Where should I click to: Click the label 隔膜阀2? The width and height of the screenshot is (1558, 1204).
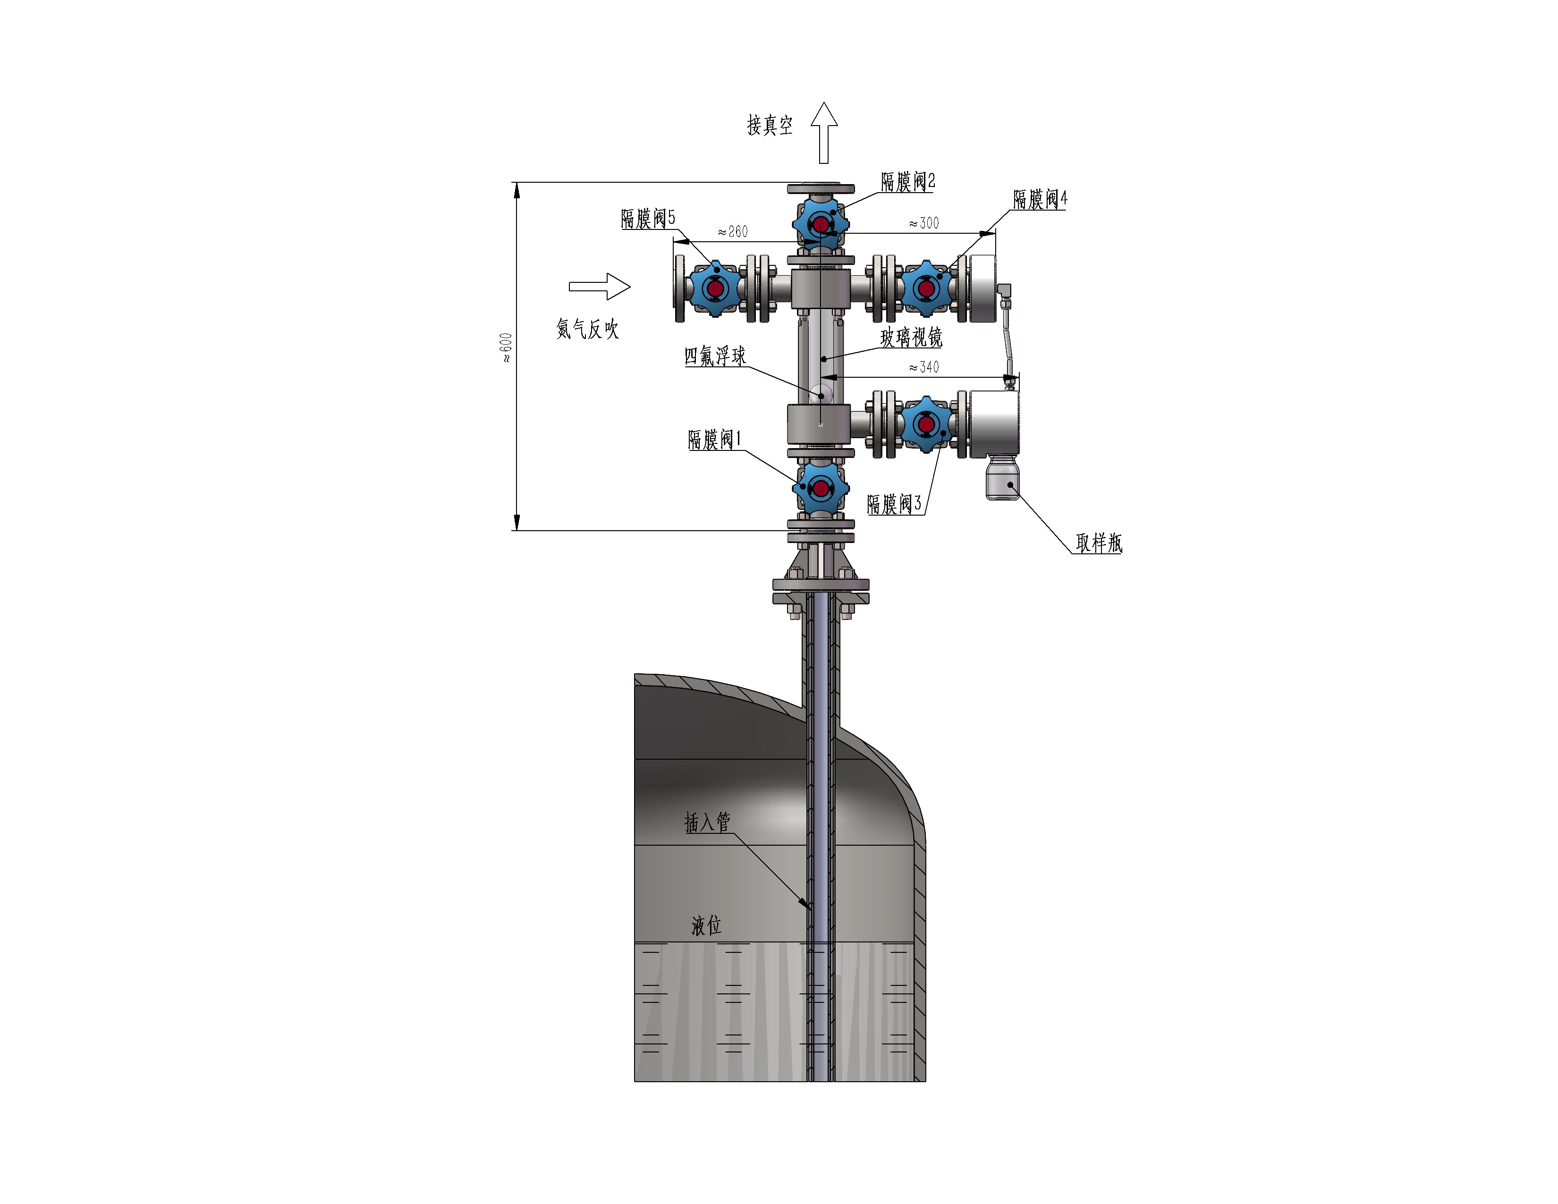pyautogui.click(x=907, y=182)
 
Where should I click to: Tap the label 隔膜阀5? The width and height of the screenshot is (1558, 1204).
pyautogui.click(x=648, y=218)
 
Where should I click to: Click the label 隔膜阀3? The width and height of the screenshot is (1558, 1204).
pyautogui.click(x=894, y=504)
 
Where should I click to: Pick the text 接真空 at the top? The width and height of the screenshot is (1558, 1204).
pyautogui.click(x=770, y=126)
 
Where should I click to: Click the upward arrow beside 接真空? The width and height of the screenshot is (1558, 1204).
pyautogui.click(x=824, y=133)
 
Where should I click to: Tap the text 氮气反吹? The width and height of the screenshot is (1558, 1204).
pyautogui.click(x=587, y=329)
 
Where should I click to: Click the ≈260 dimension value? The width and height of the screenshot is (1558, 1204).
pyautogui.click(x=733, y=232)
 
